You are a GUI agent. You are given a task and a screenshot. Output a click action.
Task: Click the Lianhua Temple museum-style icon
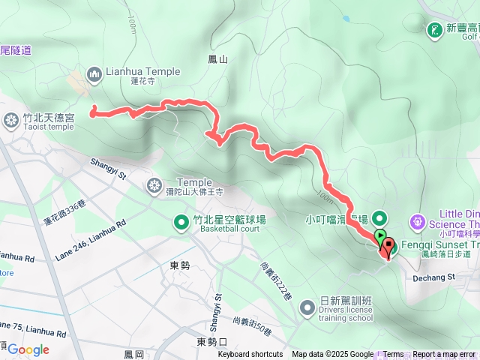(x=94, y=73)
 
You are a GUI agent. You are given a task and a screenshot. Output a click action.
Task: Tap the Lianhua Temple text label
(x=143, y=72)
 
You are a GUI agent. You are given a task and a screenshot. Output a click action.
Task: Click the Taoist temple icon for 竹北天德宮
(x=11, y=119)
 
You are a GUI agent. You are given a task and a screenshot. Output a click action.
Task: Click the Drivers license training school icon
(x=307, y=307)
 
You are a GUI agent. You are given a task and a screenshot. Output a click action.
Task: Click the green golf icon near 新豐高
(x=433, y=30)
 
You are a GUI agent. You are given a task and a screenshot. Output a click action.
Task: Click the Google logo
(x=28, y=349)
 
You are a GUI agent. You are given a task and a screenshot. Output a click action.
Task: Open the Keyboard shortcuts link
(x=250, y=355)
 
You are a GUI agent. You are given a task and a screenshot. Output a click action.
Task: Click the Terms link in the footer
(x=393, y=355)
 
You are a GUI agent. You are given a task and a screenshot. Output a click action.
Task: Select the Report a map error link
(x=445, y=355)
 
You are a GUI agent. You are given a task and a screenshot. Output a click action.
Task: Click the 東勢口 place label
(x=211, y=342)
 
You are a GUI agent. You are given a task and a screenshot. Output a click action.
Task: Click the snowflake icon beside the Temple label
(x=154, y=185)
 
